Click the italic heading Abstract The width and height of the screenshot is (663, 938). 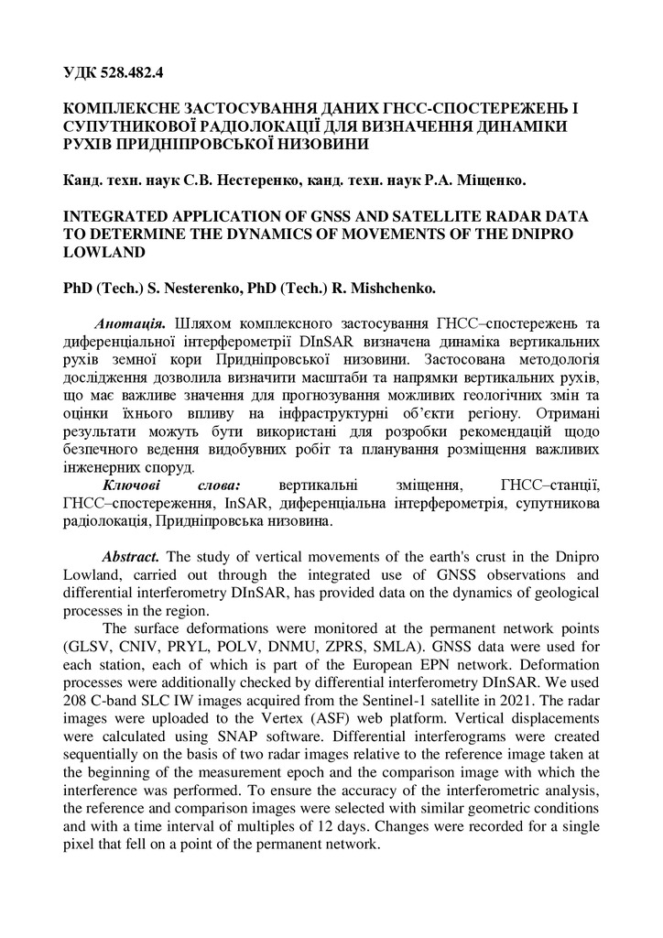point(133,557)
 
